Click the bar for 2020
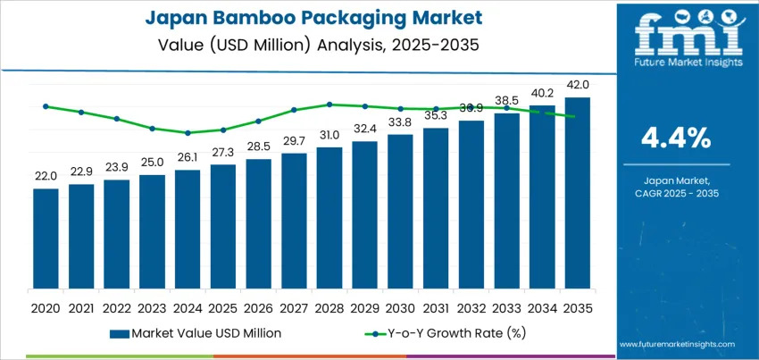click(46, 239)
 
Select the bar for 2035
click(578, 193)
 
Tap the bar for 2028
click(329, 218)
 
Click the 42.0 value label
click(578, 85)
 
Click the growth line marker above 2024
click(188, 133)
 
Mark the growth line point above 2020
click(46, 106)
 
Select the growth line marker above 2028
click(329, 105)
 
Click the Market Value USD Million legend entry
click(196, 333)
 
